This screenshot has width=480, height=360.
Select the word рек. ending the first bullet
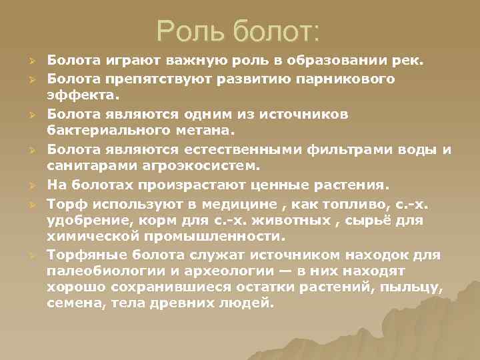(409, 62)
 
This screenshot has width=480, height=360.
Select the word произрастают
(179, 183)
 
